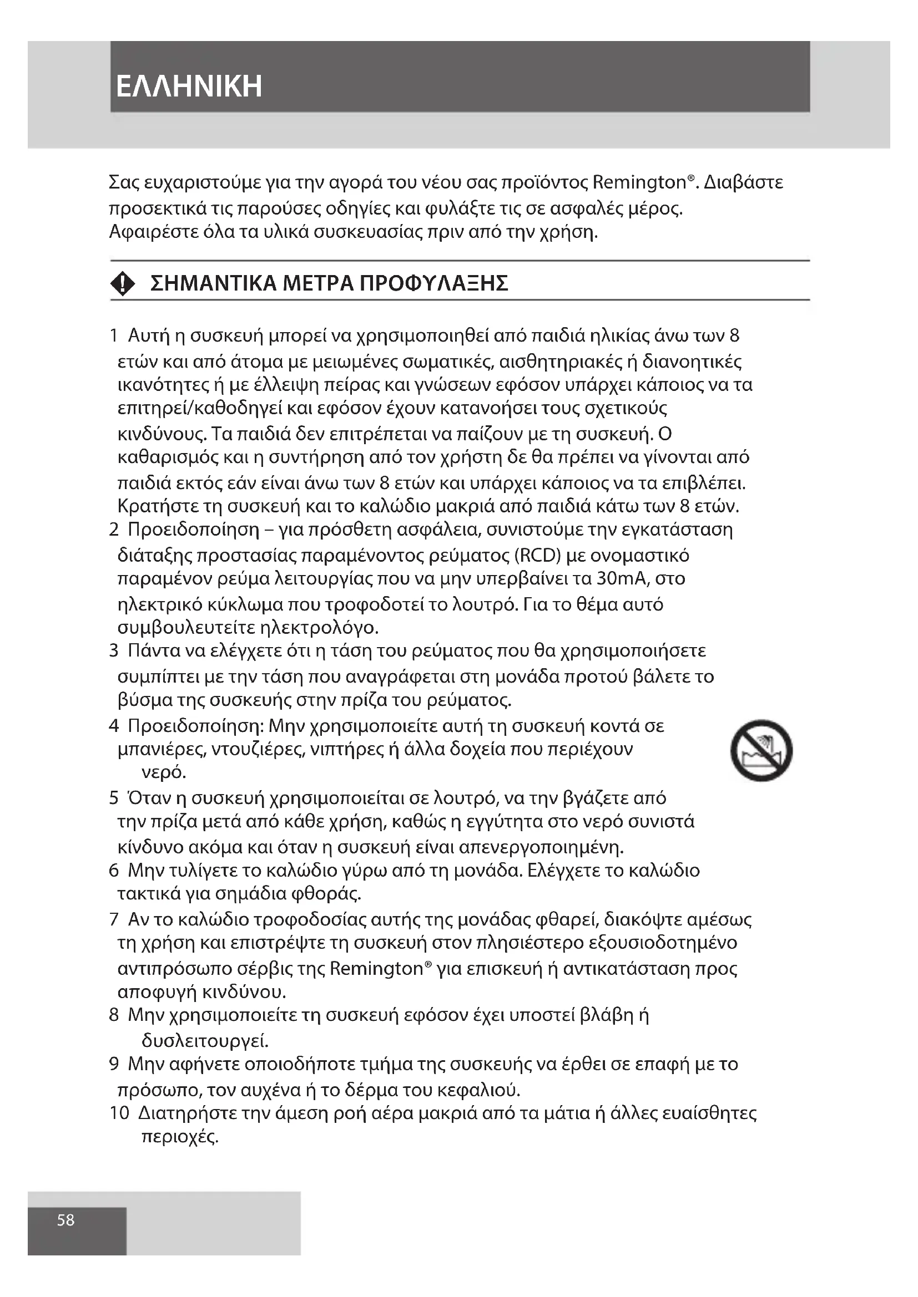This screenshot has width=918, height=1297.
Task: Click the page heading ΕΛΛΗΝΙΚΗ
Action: pyautogui.click(x=189, y=87)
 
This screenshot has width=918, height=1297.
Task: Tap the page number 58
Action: pyautogui.click(x=65, y=1220)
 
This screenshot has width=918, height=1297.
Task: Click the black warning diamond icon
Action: pyautogui.click(x=123, y=283)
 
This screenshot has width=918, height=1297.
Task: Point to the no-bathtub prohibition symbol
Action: pyautogui.click(x=761, y=751)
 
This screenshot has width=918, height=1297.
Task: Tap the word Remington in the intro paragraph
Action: pyautogui.click(x=639, y=182)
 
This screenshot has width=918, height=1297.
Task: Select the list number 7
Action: pyautogui.click(x=114, y=919)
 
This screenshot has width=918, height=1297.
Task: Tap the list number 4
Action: pyautogui.click(x=114, y=725)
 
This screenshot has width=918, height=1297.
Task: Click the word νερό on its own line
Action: pyautogui.click(x=163, y=772)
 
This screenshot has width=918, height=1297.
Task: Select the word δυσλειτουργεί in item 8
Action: pyautogui.click(x=204, y=1040)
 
